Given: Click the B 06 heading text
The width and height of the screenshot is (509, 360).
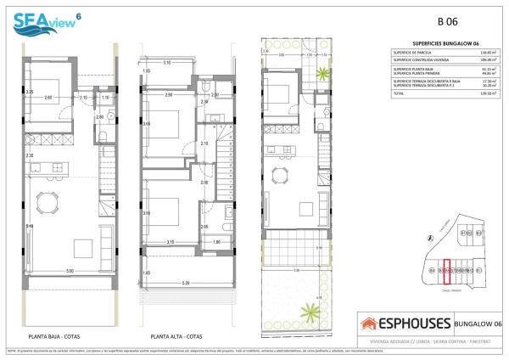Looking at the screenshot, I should [x=447, y=22].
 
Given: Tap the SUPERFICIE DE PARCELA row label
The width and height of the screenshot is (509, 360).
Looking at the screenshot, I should [x=410, y=53].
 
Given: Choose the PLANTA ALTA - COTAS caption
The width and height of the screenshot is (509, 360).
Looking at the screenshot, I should [x=176, y=335].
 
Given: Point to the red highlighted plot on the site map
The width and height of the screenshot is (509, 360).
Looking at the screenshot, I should [x=447, y=269].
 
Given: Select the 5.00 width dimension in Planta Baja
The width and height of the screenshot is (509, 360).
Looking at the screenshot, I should [x=70, y=271].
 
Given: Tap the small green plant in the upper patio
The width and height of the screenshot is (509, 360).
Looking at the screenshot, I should [x=322, y=77].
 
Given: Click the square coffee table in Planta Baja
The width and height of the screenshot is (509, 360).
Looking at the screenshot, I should [x=84, y=248].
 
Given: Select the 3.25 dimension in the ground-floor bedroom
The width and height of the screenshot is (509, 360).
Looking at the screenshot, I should [x=29, y=92].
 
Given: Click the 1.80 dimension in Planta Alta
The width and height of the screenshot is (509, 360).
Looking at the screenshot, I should [x=217, y=242].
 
